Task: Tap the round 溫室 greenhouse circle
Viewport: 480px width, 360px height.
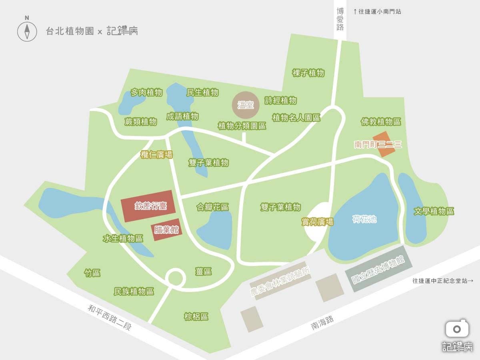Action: click(x=246, y=105)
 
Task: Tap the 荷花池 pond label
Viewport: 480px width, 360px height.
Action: click(x=364, y=219)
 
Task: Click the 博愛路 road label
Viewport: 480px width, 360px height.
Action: click(x=340, y=19)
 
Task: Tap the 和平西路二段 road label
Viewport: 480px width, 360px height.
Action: click(x=110, y=318)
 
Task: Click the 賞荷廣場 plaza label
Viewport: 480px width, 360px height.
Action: click(x=317, y=222)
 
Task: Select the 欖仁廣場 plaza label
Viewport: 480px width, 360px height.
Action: click(x=156, y=155)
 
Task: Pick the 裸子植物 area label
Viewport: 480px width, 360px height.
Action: click(x=308, y=73)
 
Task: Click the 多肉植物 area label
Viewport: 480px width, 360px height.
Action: click(x=146, y=93)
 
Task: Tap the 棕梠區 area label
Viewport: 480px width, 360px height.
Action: click(x=196, y=317)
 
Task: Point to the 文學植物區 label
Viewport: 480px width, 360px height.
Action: click(x=434, y=211)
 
